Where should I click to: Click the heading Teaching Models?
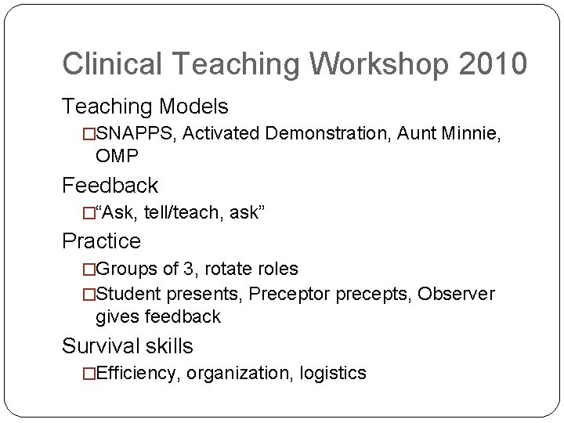point(145,105)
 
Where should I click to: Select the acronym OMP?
point(117,156)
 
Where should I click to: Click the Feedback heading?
point(110,186)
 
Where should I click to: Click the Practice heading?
point(102,240)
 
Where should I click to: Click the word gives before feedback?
point(117,316)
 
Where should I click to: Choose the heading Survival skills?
point(127,345)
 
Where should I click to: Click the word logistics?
point(334,374)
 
